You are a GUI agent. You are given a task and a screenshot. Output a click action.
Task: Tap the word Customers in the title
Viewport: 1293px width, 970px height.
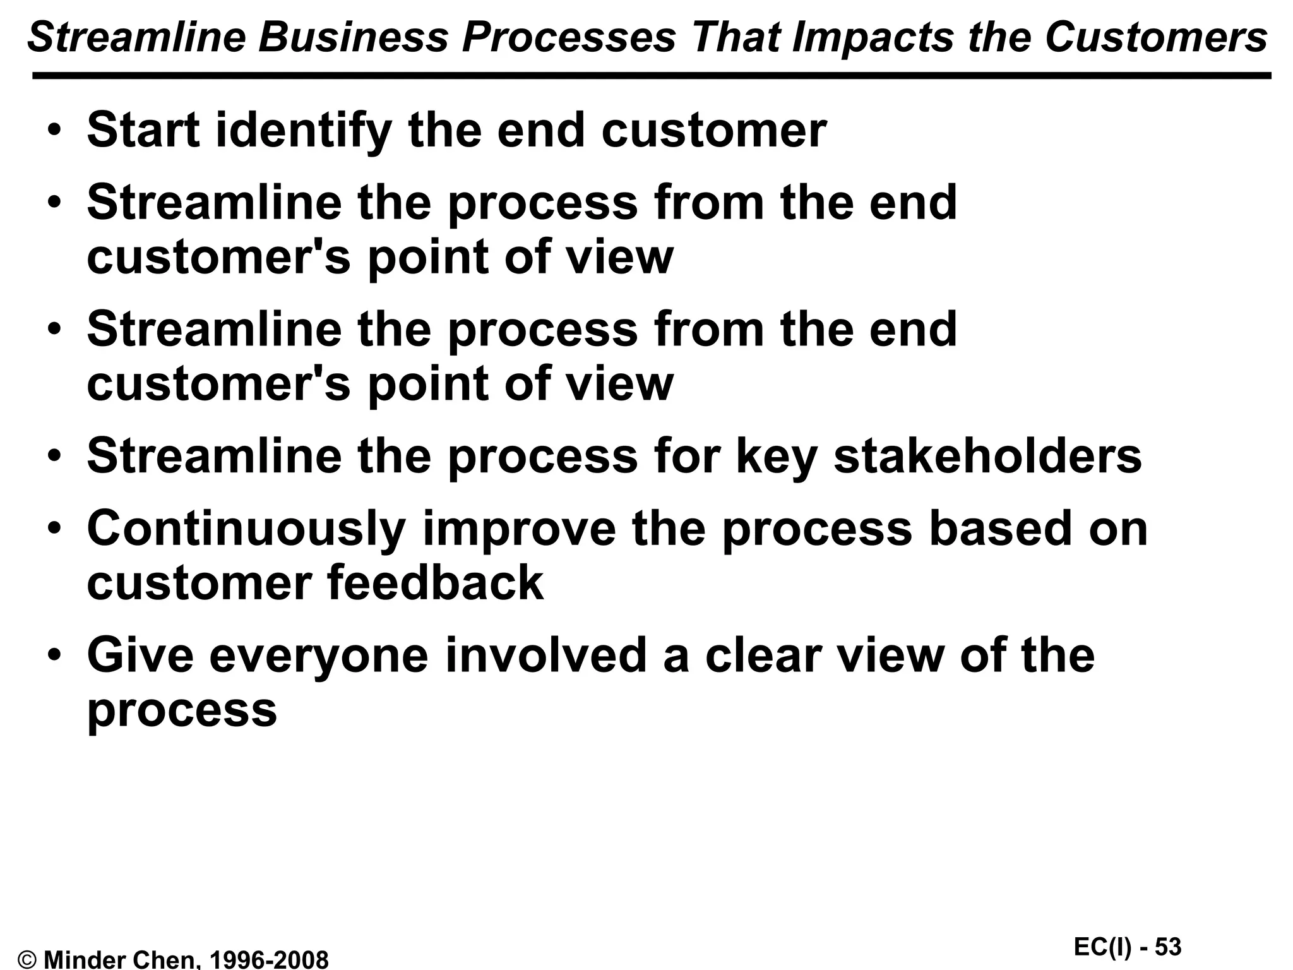pos(1156,38)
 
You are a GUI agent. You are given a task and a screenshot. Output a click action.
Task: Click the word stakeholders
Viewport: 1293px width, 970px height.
pos(987,456)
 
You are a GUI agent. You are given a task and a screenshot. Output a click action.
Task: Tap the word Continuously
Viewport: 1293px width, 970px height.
pos(246,530)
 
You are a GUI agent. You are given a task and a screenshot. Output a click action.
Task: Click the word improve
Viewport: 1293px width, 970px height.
pos(518,530)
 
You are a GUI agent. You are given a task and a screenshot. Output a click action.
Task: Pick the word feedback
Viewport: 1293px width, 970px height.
pos(435,583)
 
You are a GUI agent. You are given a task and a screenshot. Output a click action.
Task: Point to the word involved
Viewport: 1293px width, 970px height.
pos(546,655)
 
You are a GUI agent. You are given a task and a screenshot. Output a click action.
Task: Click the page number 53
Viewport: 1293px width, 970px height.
pos(1168,947)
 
